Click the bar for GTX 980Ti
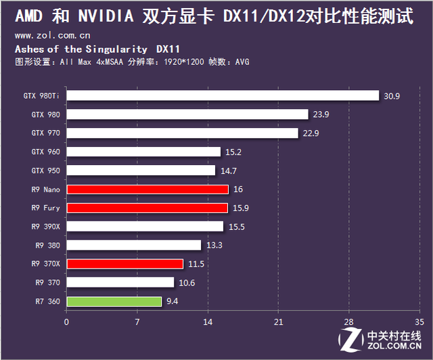coord(223,95)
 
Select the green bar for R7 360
coord(114,301)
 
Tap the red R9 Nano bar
coord(147,189)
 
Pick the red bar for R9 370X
coord(124,264)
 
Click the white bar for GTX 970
coord(182,133)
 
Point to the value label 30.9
coord(392,96)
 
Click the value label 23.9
coord(321,114)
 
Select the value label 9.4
coord(173,301)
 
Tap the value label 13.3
coord(214,245)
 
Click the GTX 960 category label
coord(45,152)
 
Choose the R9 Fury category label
coord(45,208)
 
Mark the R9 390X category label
coord(45,227)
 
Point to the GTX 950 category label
coord(45,171)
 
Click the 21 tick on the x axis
coord(278,322)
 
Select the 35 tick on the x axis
coord(419,322)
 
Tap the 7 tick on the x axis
coord(137,322)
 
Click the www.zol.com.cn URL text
coord(53,35)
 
